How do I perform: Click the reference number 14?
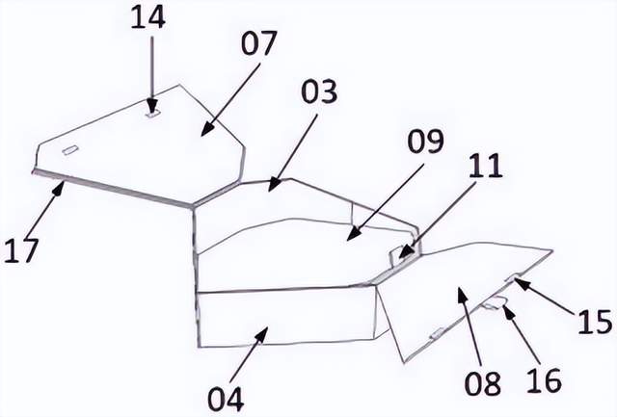[x=148, y=17]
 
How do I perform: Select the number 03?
[x=319, y=91]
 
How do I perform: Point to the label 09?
[x=425, y=142]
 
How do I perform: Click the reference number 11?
[x=485, y=166]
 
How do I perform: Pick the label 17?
[x=21, y=250]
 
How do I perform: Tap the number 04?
[x=226, y=399]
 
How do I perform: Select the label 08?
[x=483, y=383]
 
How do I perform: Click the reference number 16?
[x=544, y=380]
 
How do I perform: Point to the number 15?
[x=595, y=322]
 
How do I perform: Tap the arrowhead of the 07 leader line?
[x=205, y=131]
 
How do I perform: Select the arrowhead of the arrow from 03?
[x=273, y=186]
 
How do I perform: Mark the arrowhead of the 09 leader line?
[x=353, y=234]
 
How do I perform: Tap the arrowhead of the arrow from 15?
[x=519, y=281]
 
